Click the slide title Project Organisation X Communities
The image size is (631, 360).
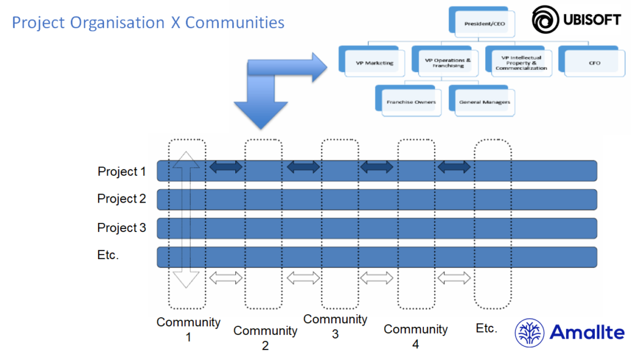point(148,23)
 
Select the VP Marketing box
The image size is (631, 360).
point(374,62)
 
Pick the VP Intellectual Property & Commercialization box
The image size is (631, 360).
point(521,62)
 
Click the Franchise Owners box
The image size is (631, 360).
point(410,102)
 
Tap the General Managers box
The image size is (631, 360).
point(484,102)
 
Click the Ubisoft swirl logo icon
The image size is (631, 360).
point(543,20)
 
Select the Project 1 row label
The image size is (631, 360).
point(121,171)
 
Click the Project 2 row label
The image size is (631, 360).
point(121,198)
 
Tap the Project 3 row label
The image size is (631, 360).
point(121,228)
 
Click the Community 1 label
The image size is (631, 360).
point(188,329)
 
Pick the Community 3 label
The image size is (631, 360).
point(335,326)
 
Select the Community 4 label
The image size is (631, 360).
point(415,336)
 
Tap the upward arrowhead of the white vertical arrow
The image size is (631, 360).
point(187,159)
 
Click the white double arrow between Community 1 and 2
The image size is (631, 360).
point(226,278)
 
